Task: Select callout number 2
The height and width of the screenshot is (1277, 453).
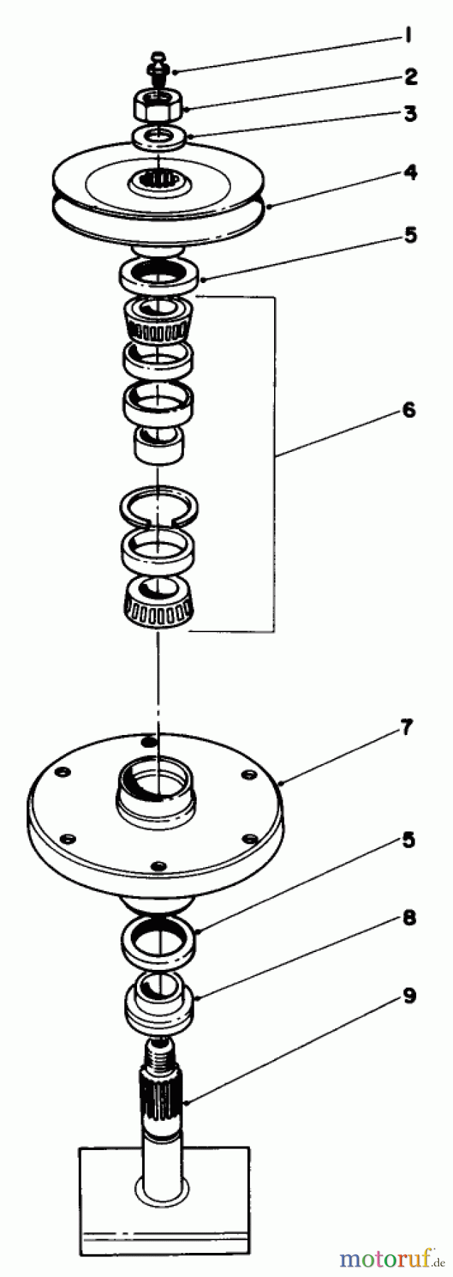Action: point(410,76)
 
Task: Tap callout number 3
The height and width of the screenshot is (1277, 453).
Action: point(410,114)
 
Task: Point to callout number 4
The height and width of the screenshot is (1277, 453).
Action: point(410,173)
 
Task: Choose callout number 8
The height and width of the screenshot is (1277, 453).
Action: point(408,918)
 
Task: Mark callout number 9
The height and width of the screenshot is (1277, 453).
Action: point(408,995)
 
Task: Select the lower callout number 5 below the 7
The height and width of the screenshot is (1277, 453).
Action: point(408,841)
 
